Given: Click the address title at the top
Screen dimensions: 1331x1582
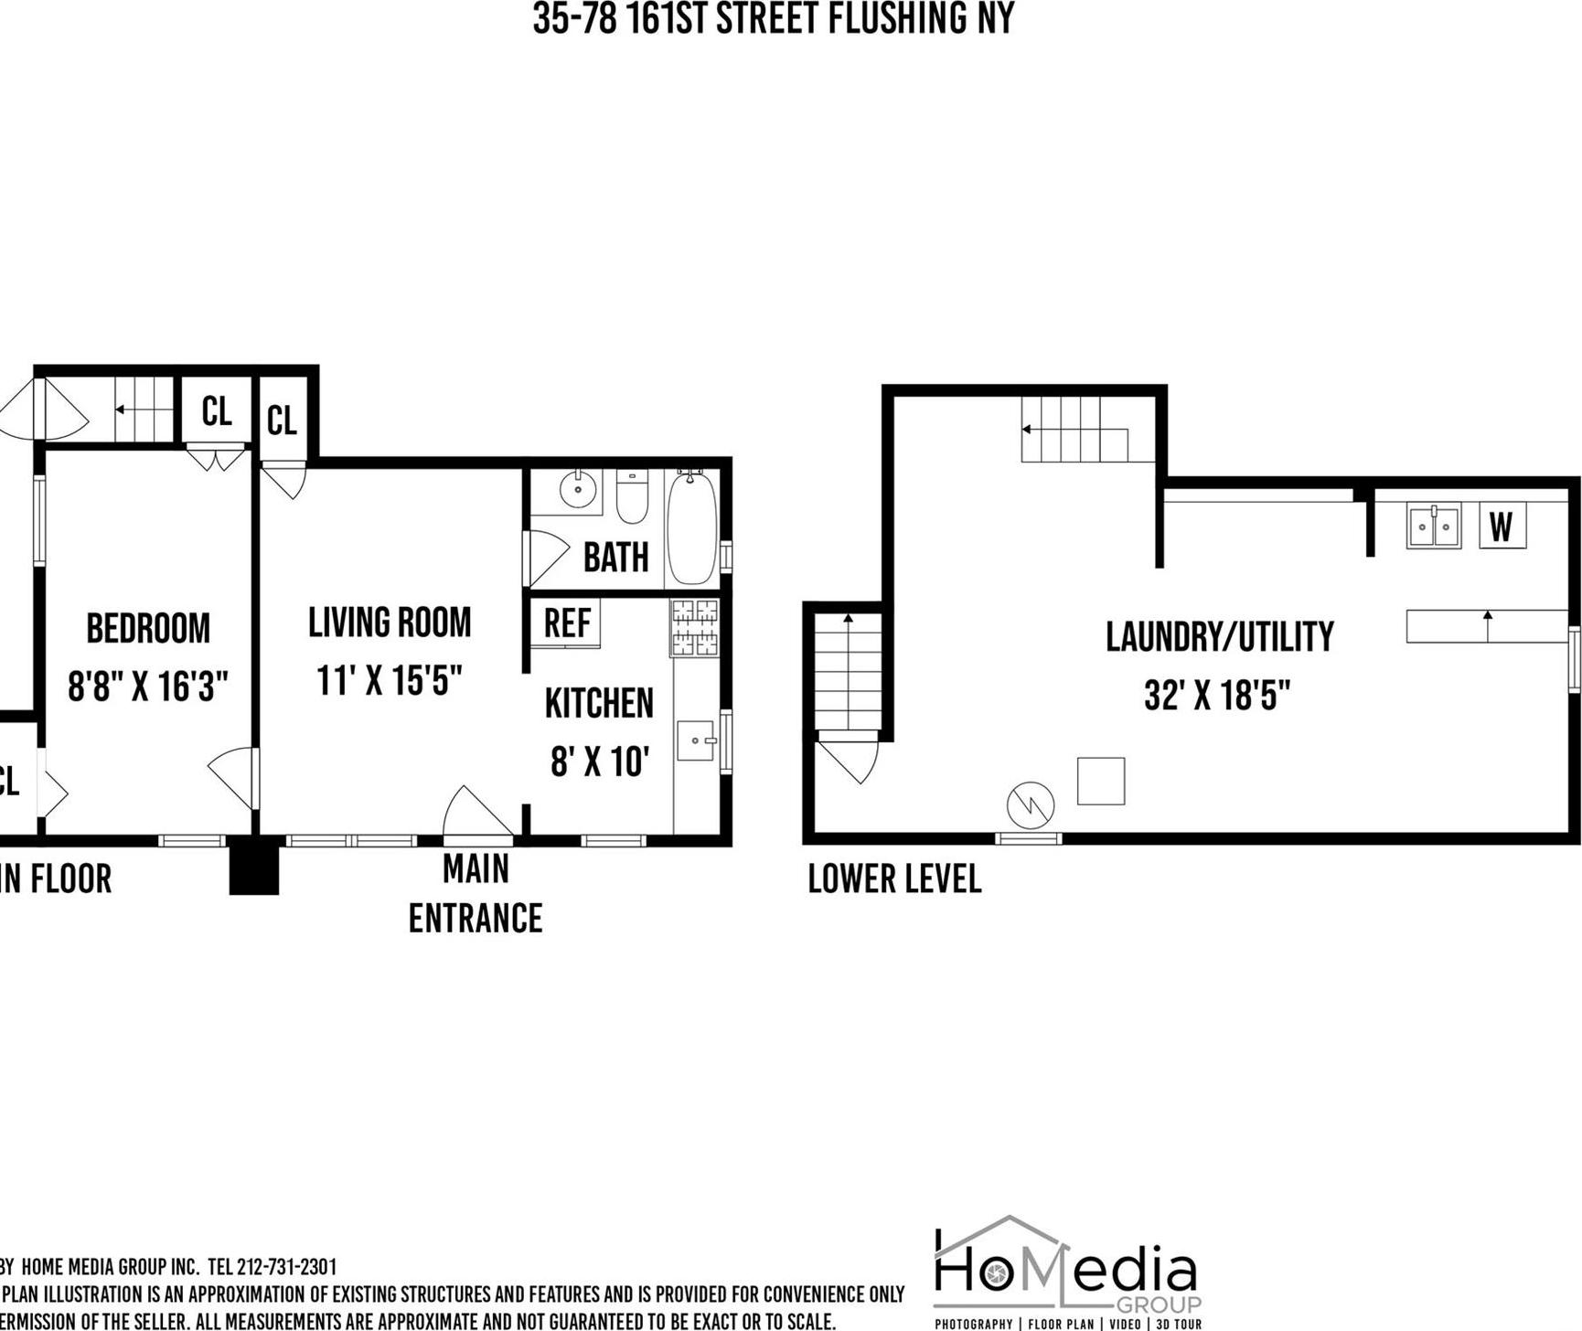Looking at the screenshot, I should tap(774, 18).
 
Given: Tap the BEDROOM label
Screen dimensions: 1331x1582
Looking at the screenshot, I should tap(148, 629).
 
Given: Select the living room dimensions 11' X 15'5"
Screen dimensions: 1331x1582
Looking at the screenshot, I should tap(390, 680).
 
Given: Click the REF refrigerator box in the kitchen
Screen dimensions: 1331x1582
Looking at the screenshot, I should tap(566, 623).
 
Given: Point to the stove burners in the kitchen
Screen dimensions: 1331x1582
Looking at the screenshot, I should tap(695, 627).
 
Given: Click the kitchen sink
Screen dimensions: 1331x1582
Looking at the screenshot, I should tap(696, 740).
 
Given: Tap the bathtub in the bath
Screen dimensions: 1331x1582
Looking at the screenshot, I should tap(691, 527).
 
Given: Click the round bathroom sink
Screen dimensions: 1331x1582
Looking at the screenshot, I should tap(578, 491).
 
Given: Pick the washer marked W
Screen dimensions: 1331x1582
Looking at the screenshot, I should tap(1502, 527).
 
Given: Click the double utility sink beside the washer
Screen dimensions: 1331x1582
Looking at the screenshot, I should tap(1433, 526).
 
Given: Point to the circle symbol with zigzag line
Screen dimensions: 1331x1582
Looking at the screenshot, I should tap(1031, 805).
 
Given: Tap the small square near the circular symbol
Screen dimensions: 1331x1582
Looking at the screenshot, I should tap(1101, 781).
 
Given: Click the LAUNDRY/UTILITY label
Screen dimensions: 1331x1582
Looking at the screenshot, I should tap(1220, 637).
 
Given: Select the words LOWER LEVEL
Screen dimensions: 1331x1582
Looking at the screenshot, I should tap(894, 879).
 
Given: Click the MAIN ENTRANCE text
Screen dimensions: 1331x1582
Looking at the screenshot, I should tap(476, 893).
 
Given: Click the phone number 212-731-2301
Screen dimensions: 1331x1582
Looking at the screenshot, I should tap(286, 1267).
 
